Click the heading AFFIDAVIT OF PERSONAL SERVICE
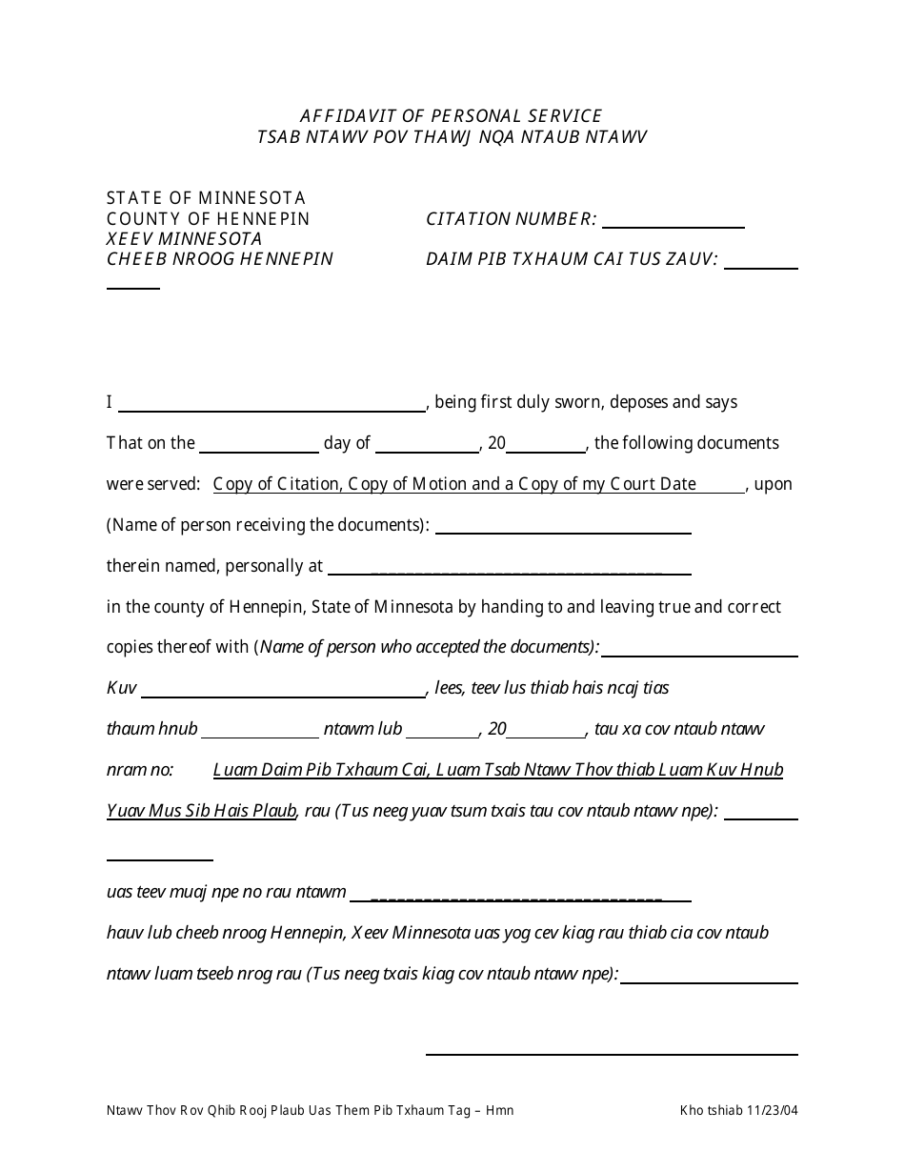click(451, 116)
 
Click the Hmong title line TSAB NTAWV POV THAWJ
click(451, 137)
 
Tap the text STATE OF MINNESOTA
click(206, 198)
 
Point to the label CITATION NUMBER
click(511, 219)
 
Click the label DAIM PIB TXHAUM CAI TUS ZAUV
click(572, 259)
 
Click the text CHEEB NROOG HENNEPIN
click(220, 259)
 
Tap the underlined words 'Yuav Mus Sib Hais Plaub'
click(201, 811)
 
